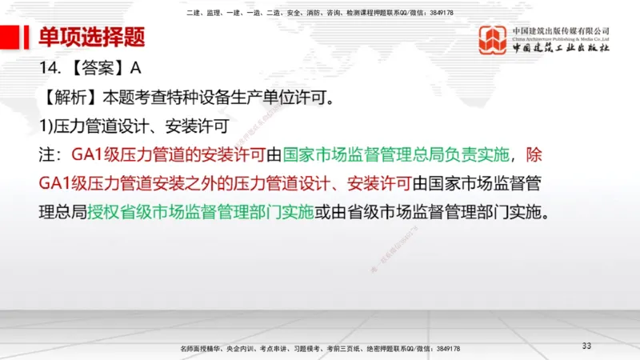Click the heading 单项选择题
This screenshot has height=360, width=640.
pos(92,37)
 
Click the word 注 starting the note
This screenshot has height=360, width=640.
pos(46,154)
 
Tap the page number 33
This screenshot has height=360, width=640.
pos(586,345)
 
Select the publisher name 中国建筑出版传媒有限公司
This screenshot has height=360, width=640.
pos(561,30)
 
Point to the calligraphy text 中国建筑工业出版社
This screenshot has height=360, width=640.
pos(561,50)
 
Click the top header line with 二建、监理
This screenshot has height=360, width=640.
pos(319,13)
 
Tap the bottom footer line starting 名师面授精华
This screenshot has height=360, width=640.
pos(320,349)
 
